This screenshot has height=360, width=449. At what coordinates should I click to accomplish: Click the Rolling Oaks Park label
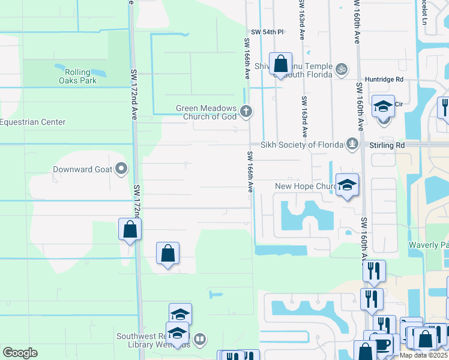coord(77,76)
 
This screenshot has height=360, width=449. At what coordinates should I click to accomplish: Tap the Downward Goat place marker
coord(122,169)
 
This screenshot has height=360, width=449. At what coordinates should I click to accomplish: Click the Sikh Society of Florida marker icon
coord(352,144)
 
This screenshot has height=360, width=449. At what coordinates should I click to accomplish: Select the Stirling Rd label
coord(387,145)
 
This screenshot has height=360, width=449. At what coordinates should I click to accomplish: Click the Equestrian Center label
coord(32,122)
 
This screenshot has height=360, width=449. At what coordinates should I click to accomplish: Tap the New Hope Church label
coord(305,187)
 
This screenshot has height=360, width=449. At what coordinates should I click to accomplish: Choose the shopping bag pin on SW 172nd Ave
coord(130,229)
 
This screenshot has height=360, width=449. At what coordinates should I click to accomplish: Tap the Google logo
coord(20,353)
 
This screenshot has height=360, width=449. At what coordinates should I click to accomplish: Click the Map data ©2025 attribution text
coord(424,355)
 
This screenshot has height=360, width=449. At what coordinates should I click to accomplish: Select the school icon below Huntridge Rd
coord(383,106)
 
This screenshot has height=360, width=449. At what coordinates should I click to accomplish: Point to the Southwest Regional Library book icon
coord(200,339)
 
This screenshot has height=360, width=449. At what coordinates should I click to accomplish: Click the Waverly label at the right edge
coord(427,245)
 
